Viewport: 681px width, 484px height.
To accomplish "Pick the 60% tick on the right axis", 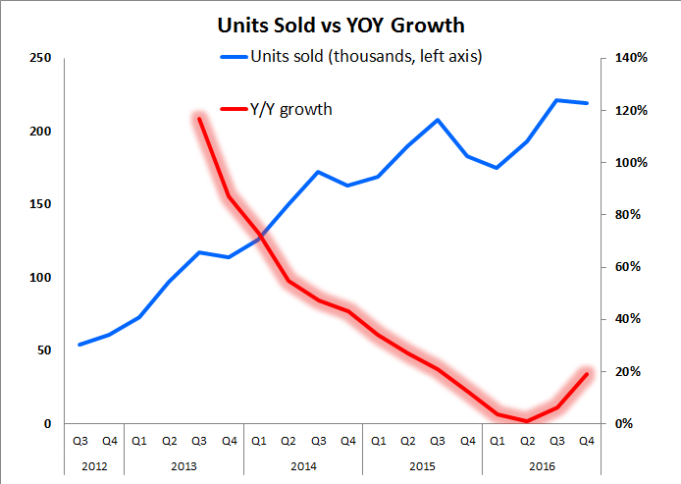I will (628, 267).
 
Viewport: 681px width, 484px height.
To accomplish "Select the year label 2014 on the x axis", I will (303, 465).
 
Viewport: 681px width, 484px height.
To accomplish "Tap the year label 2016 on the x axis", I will (541, 465).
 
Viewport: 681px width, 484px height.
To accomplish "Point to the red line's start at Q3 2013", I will (199, 118).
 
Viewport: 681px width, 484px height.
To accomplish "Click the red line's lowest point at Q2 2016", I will (527, 421).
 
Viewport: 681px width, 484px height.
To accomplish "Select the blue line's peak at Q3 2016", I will (556, 100).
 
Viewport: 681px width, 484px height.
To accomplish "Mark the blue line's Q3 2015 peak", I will (438, 120).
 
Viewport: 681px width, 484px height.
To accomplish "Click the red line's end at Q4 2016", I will (587, 373).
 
